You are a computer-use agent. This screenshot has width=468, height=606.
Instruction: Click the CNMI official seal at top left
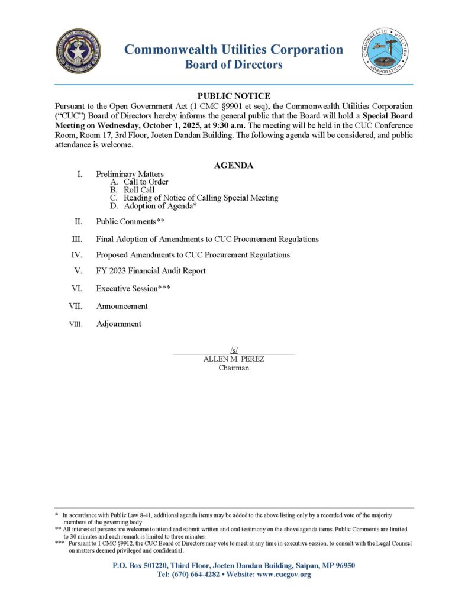78,51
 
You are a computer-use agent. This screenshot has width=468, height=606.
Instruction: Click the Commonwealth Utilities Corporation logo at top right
386,51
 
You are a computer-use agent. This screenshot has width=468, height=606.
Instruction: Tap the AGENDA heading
234,166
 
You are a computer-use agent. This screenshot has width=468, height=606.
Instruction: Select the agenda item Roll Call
139,190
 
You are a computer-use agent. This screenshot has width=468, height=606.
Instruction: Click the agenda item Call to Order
146,182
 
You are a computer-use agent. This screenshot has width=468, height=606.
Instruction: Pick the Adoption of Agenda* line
160,207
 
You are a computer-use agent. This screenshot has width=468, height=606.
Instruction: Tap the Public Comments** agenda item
130,222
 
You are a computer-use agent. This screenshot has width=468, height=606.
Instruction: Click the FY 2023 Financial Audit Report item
151,271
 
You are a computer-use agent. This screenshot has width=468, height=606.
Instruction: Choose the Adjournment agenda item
119,324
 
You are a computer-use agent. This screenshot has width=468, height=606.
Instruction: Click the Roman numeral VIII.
76,324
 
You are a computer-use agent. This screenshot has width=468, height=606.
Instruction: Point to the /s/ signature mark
234,351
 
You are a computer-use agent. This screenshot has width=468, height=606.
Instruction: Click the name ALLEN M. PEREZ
234,359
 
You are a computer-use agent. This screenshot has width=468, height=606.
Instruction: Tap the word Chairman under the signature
234,368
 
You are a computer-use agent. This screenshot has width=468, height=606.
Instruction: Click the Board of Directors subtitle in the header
234,65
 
